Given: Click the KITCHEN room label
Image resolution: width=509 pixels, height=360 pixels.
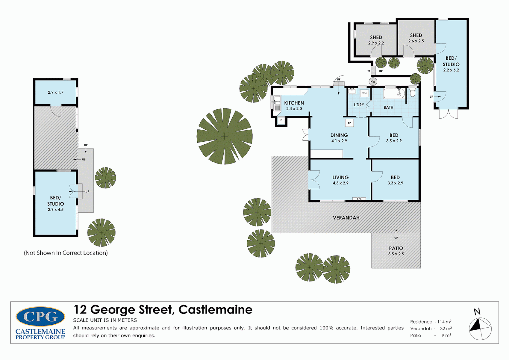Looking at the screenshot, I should point(294,103).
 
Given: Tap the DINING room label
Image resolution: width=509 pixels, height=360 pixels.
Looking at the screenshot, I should point(339,135).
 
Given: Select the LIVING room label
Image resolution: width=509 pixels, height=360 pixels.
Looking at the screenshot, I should point(340,177).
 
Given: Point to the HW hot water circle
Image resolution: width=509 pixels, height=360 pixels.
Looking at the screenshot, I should point(373,81).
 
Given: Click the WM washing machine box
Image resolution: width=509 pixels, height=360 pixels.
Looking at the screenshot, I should point(364,93).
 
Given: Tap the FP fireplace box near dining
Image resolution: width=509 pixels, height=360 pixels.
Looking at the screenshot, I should point(349,123).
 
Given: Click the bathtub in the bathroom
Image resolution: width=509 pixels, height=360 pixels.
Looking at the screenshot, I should point(394,93).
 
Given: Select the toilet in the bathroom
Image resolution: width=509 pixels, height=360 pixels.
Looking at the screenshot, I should point(413,92).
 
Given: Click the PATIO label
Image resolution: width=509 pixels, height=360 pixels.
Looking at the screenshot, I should point(396,248).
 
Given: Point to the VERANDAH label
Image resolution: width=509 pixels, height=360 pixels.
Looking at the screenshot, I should point(346,218).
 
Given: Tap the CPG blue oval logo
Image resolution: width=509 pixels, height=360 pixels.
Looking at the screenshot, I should point(40,317).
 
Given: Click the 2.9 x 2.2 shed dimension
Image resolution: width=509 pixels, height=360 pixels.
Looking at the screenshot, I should point(376,43).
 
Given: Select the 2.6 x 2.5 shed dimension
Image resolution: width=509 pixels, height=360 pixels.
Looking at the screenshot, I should point(416,41).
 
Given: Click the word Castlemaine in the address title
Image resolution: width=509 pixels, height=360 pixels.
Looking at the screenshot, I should point(215,310).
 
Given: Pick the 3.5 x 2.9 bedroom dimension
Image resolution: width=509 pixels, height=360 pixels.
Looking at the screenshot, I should point(394,141).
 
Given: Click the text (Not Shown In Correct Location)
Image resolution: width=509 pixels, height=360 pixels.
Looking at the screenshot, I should point(66,253).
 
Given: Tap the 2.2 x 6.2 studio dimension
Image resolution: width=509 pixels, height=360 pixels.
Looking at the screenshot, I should point(451,70).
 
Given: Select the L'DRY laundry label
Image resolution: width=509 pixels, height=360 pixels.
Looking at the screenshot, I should point(359,105).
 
